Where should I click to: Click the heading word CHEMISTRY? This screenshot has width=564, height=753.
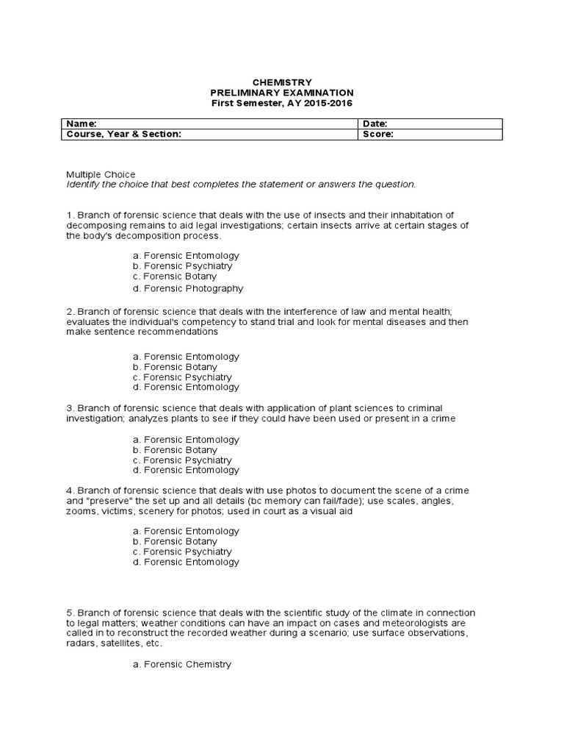point(282,82)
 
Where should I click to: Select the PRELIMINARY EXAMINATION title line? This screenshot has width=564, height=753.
point(282,93)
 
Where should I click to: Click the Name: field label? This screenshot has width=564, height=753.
point(82,124)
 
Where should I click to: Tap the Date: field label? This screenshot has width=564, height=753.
point(375,124)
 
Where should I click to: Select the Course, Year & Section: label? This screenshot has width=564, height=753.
point(123,135)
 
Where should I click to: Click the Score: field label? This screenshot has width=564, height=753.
point(378,135)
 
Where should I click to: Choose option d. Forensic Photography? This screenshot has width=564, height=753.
point(188,288)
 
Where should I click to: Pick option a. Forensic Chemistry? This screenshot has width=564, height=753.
point(182,664)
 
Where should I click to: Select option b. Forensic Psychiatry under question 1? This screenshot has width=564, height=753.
point(183,266)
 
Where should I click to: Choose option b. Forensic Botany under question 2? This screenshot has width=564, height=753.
point(176,367)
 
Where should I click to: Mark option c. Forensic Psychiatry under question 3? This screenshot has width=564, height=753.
point(183,460)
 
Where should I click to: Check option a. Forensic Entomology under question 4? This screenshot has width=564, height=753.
point(187,530)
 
